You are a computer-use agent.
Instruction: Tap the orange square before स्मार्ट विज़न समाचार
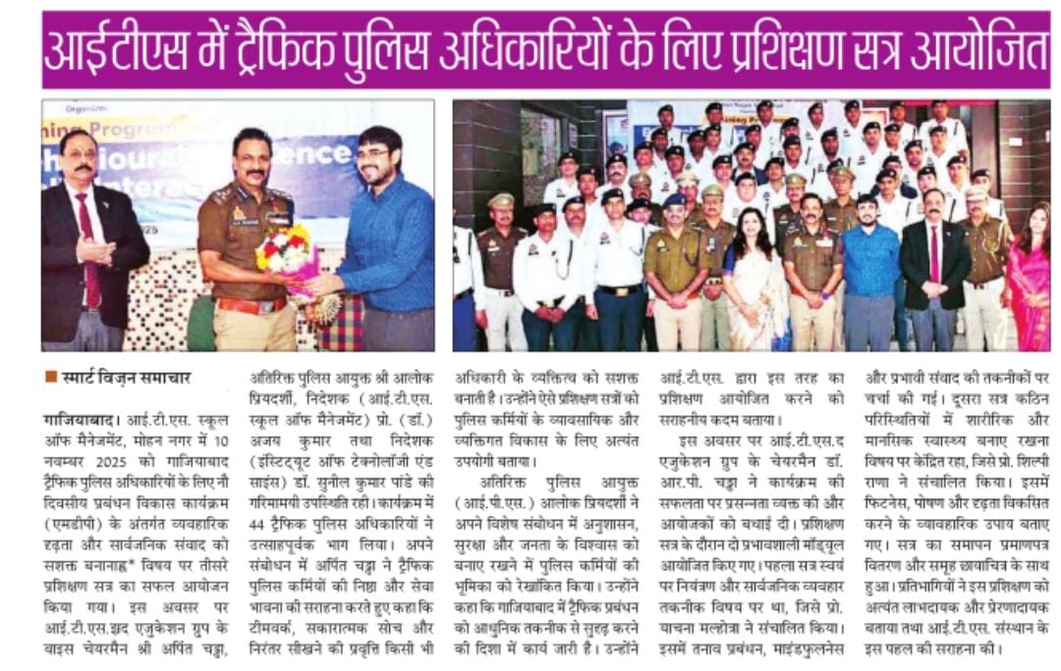tap(50, 376)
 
